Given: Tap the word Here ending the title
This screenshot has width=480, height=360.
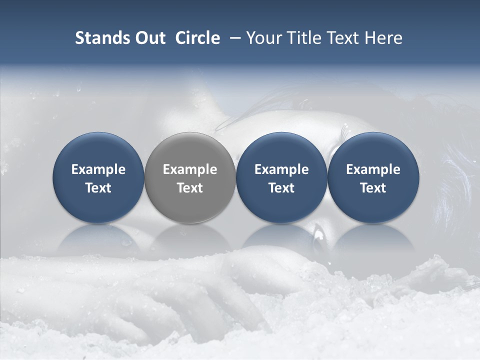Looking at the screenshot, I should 385,38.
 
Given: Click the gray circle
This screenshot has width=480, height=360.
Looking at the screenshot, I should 189,210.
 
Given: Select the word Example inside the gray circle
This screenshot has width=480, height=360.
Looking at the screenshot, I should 190,169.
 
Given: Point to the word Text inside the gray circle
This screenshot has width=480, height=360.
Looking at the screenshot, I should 190,188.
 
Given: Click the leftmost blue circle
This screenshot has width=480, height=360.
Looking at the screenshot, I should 98,210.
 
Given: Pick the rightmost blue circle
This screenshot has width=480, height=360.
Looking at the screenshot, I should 373,210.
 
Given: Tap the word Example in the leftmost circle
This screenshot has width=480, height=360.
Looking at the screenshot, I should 98,169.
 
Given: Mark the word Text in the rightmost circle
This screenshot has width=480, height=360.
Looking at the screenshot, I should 373,188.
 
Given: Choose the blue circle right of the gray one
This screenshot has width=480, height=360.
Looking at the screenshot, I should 281,210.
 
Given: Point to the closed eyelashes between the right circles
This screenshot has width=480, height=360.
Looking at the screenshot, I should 345,132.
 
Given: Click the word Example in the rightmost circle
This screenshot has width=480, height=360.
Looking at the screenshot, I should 373,169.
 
